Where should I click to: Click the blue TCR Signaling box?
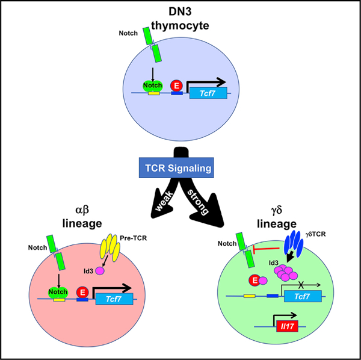point(180,169)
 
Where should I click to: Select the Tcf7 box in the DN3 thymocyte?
point(208,92)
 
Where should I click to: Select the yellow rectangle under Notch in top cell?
point(153,94)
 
